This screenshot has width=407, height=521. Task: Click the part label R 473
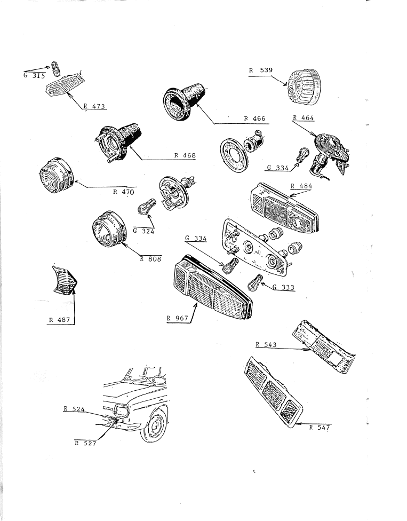coord(94,106)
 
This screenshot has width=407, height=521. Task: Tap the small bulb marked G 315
coord(56,68)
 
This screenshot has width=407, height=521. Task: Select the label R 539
coord(261,70)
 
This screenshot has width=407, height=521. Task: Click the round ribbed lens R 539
coord(305,87)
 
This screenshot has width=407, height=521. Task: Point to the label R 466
coord(254,119)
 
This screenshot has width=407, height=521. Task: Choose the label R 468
coord(185,155)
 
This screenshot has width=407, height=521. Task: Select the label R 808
coord(150,259)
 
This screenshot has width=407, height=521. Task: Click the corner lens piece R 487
coord(65,280)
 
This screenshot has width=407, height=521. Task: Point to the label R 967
coord(177,318)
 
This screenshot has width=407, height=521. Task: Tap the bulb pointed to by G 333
coord(256,282)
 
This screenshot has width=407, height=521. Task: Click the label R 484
coord(301,186)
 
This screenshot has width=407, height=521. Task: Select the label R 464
coord(303,117)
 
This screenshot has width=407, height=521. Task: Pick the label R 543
coord(266,344)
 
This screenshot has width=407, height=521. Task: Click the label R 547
coord(320,427)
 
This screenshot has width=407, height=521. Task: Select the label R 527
coord(85,443)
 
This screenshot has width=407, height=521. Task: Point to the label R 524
coord(74,409)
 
